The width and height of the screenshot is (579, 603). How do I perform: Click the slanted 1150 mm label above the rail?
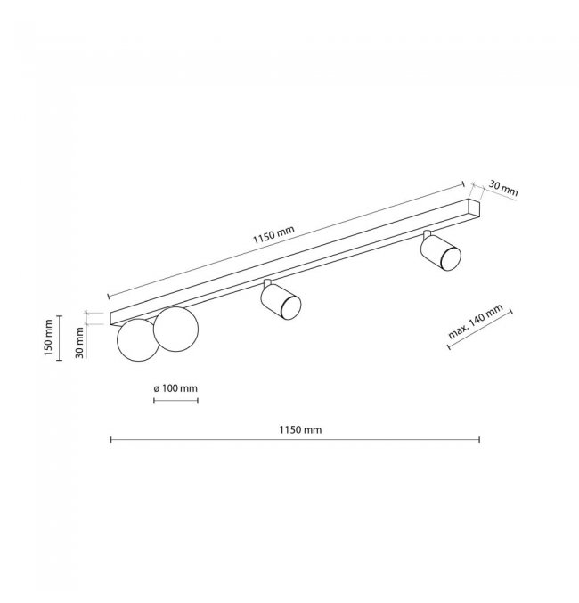[x=273, y=234]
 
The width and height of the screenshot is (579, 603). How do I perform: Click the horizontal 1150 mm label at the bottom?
[x=300, y=429]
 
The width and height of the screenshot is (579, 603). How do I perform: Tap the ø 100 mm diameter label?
[x=175, y=388]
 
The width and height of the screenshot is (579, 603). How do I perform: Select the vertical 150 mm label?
[x=48, y=338]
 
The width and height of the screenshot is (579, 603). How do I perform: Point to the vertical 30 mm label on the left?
[x=79, y=343]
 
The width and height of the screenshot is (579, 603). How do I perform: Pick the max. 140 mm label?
[x=476, y=322]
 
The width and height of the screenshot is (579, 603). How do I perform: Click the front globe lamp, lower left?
[x=138, y=340]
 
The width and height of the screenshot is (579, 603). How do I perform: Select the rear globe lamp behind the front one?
[x=175, y=329]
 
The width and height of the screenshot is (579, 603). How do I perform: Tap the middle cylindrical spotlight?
[x=281, y=301]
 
